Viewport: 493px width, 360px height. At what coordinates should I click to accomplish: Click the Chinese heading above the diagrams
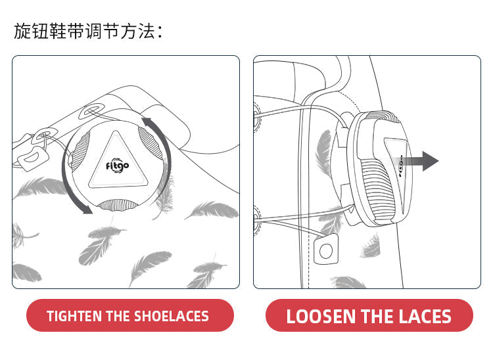point(88,32)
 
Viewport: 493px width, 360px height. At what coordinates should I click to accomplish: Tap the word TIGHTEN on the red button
point(74,316)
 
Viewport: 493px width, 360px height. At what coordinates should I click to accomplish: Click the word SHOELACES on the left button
point(172,316)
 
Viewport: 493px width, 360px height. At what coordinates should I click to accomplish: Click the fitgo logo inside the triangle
point(117,166)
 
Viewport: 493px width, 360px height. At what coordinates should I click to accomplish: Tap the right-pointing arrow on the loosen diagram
point(420,161)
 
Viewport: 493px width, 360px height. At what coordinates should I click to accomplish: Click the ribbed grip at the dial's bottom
point(117,205)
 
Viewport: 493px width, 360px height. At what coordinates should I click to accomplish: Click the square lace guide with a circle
point(326,250)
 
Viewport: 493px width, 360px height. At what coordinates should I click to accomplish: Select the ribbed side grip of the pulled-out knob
point(377,189)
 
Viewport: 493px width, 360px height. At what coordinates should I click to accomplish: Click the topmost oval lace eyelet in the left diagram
point(92,111)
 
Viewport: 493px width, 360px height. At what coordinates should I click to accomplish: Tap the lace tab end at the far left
point(33,158)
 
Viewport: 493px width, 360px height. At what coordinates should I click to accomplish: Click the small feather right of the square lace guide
point(371,246)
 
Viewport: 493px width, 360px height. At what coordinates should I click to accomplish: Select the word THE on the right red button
point(377,317)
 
